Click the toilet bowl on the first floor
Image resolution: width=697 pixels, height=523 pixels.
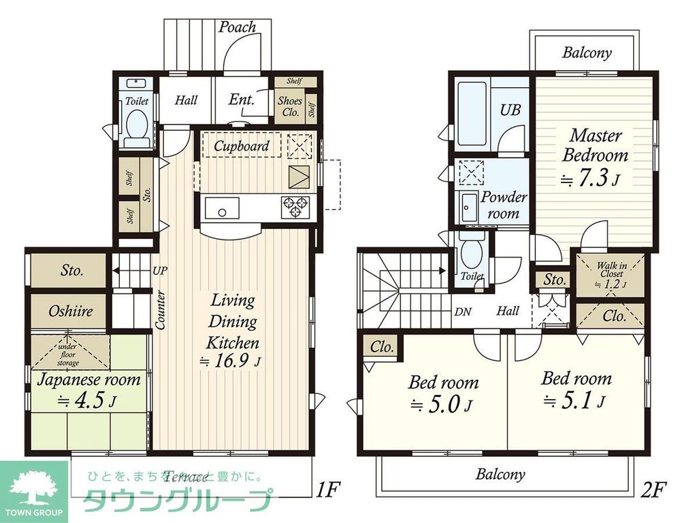point(137,127)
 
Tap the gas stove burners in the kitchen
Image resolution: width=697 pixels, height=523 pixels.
point(295,206)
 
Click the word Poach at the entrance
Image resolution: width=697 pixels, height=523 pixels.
point(238,27)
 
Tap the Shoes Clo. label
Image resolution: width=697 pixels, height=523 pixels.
point(289,106)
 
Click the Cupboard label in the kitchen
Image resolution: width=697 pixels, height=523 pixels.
point(241,146)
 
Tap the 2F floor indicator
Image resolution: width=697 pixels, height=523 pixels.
point(654,488)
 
